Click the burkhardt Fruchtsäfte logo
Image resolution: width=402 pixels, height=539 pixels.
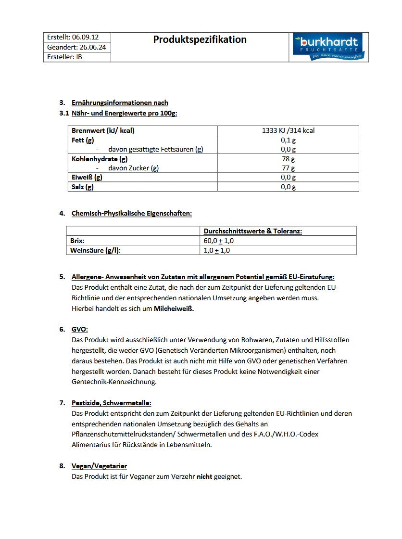coord(328,47)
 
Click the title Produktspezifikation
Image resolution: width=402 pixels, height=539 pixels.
coord(200,39)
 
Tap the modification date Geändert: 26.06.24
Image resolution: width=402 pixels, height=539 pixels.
coord(76,47)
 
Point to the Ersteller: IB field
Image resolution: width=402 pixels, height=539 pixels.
coord(64,57)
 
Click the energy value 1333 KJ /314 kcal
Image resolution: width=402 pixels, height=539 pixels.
coord(288,130)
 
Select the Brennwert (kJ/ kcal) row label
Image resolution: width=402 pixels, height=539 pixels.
coord(103,130)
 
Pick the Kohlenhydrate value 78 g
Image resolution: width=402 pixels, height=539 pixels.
coord(288,159)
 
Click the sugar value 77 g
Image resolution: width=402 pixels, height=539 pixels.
coord(288,168)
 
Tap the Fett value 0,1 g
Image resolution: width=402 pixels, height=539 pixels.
coord(288,140)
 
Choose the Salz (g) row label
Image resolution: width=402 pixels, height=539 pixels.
coord(83,187)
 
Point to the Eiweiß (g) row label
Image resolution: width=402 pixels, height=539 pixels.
coord(87,177)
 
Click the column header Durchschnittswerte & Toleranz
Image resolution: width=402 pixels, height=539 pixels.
coord(252,231)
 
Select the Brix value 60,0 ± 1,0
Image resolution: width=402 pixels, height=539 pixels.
coord(219,241)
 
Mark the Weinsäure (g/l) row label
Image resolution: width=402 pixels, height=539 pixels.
coord(95,250)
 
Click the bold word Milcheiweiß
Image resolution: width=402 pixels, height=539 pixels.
coord(174,308)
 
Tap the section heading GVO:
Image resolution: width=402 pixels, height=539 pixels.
coord(80,329)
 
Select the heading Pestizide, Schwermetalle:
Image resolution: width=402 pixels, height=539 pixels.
coord(111,403)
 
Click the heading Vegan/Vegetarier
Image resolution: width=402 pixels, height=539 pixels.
coord(99,466)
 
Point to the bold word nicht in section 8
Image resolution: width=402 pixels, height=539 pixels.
coord(204,476)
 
